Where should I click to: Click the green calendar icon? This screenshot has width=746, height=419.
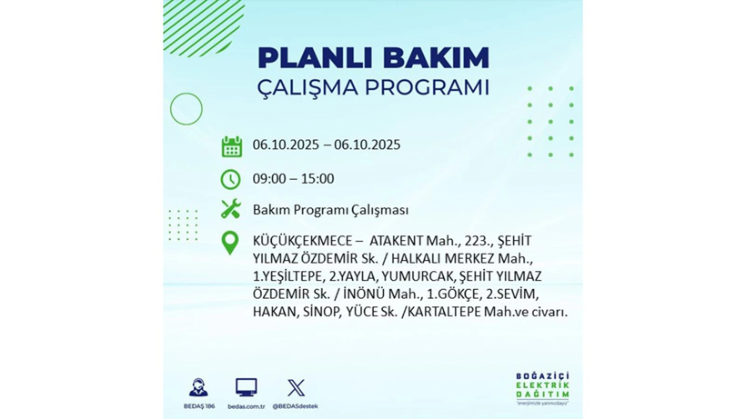(231, 146)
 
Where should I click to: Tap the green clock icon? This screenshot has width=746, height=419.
(231, 179)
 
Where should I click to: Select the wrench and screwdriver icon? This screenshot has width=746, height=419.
(231, 209)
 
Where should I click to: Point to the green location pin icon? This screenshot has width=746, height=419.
(231, 243)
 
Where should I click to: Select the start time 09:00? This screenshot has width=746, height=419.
(270, 179)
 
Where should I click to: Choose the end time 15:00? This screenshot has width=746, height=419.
(317, 179)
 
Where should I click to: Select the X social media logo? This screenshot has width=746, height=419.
(296, 388)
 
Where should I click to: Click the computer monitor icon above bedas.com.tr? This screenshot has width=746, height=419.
(246, 387)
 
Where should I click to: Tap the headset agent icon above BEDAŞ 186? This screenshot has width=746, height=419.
(197, 387)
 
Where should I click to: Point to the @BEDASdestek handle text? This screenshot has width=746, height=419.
(296, 406)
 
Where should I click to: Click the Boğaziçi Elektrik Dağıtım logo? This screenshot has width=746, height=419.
(543, 389)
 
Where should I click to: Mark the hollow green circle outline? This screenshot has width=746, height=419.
(186, 109)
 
